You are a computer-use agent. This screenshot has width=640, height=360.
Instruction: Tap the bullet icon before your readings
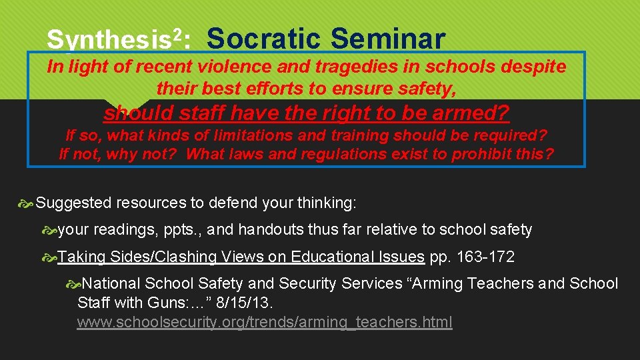49,231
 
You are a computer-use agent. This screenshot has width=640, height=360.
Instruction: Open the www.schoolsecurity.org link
265,323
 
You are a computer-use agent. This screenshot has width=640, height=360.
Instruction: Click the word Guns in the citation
155,303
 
